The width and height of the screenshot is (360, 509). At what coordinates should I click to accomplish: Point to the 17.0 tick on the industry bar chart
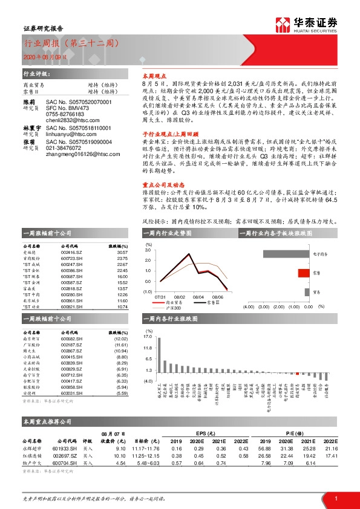[148, 337]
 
